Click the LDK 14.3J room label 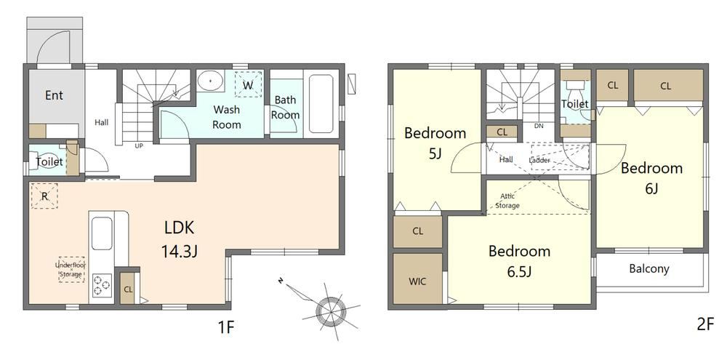[x=179, y=239]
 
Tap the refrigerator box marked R [x=44, y=196]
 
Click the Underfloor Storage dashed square [x=71, y=270]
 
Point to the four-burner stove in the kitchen [x=102, y=285]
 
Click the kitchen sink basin [x=102, y=233]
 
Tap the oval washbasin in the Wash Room [x=211, y=80]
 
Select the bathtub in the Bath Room [x=321, y=103]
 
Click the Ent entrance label [x=55, y=95]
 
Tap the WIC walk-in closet [x=417, y=281]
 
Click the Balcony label [x=649, y=268]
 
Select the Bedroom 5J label [x=435, y=143]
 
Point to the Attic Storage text [x=507, y=201]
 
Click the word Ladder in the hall [x=539, y=161]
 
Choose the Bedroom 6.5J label [x=519, y=260]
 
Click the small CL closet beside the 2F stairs [x=502, y=132]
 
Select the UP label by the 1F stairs [x=139, y=145]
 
